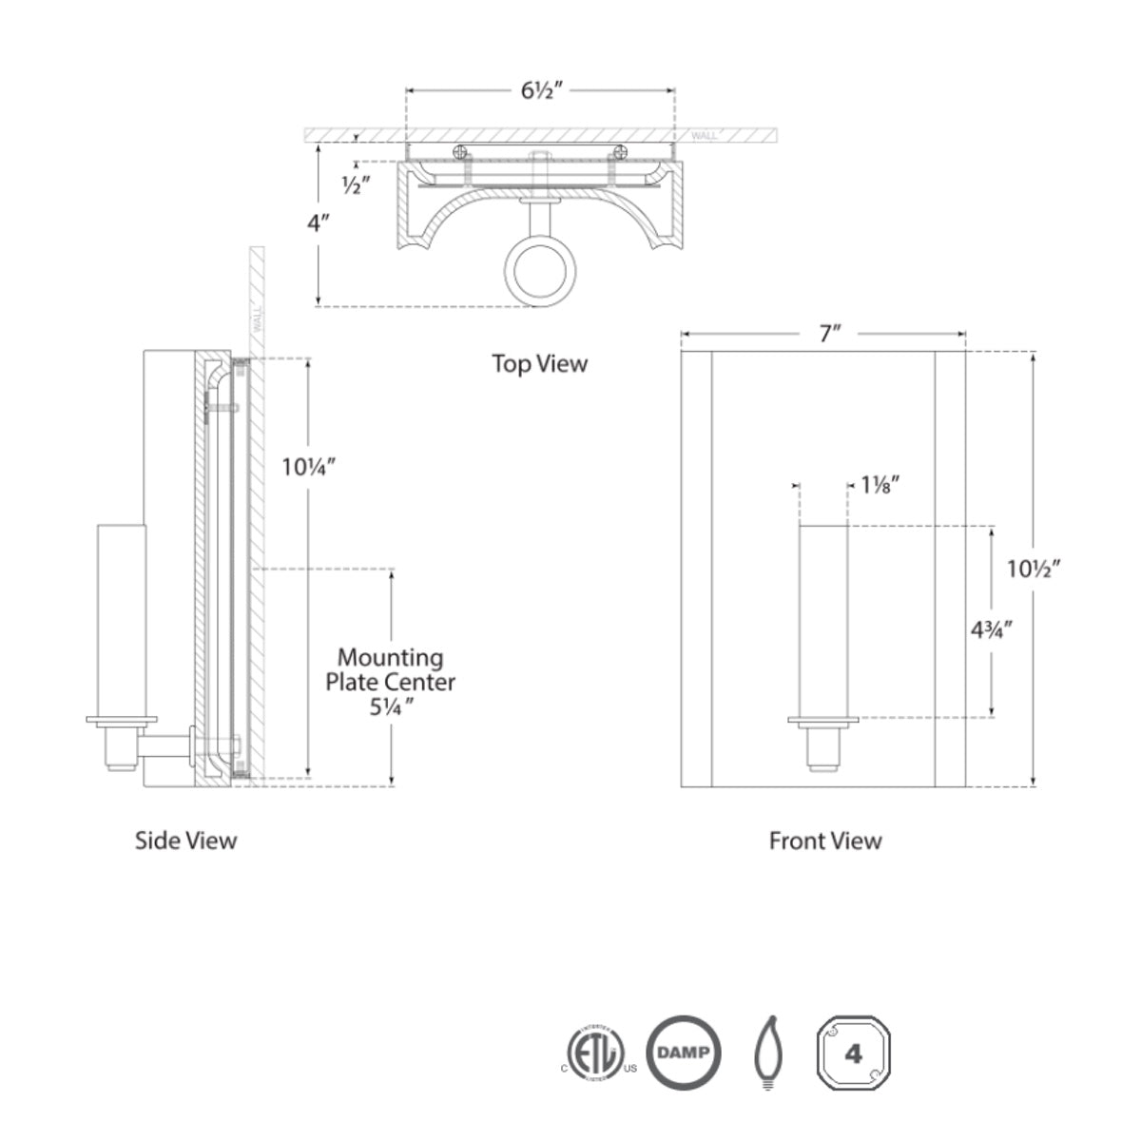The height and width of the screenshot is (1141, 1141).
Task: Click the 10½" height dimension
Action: (x=1034, y=569)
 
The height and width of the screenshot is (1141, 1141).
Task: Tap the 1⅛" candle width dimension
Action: (x=880, y=485)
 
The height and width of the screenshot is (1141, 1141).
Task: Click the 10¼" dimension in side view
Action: (x=309, y=467)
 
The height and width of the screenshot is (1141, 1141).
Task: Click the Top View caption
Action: (x=540, y=363)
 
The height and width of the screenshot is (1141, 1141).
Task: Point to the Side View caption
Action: (x=185, y=840)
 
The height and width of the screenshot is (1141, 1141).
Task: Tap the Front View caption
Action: (x=825, y=841)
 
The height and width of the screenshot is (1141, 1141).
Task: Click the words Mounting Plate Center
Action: (x=391, y=669)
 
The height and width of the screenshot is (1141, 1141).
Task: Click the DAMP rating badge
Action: (x=684, y=1054)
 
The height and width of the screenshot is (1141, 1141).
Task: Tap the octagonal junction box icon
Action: (x=853, y=1054)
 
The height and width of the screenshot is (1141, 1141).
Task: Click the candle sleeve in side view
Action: (x=121, y=618)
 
